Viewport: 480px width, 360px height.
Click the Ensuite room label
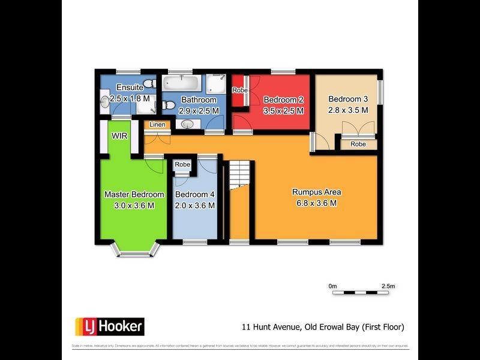point(130,88)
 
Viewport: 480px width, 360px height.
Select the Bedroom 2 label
point(283,100)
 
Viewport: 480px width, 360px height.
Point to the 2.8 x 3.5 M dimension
point(348,110)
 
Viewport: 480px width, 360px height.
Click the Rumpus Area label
point(316,192)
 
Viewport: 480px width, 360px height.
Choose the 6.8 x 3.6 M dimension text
point(316,203)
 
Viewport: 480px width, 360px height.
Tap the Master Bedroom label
point(134,194)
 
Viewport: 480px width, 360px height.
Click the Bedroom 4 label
point(194,194)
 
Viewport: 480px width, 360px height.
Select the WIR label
point(119,136)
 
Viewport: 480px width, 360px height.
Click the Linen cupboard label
point(157,125)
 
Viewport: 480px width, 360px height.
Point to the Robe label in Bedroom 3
point(358,144)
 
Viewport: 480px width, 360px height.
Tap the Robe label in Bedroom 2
point(240,90)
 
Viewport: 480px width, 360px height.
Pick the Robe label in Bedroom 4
point(182,164)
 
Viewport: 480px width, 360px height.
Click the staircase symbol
point(240,174)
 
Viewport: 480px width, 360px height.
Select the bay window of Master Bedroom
point(136,252)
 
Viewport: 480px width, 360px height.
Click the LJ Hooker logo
point(109,327)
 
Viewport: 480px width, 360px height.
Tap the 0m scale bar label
point(333,286)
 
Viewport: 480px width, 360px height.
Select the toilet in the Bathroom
point(169,106)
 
